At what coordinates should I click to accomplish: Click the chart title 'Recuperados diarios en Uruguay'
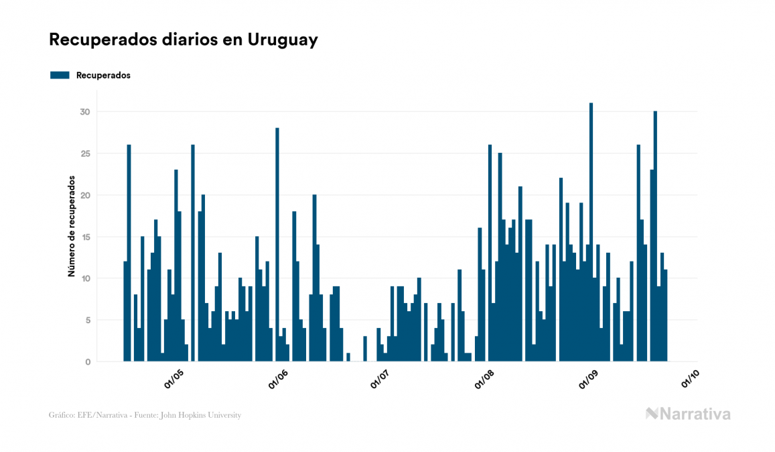point(183,40)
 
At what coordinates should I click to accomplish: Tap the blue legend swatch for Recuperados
point(60,75)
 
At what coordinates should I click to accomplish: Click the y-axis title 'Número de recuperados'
point(70,227)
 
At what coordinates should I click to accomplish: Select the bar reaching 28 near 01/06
point(277,245)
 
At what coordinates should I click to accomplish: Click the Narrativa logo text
point(695,414)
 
